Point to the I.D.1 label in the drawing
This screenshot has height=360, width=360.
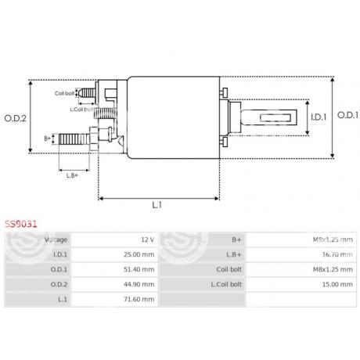coord(318,118)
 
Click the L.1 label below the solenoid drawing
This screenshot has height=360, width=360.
coord(157,205)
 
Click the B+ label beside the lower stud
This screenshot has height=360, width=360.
coord(48,139)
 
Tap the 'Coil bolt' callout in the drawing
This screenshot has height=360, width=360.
coord(65,93)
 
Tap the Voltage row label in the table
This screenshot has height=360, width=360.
coord(56,239)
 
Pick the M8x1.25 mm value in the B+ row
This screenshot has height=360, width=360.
coord(333,239)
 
